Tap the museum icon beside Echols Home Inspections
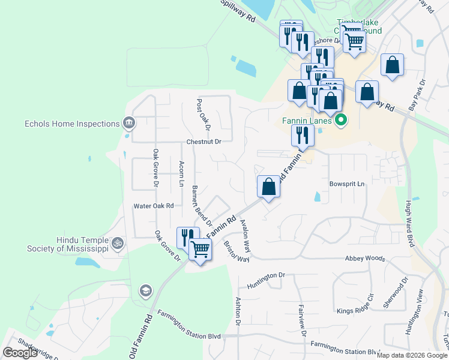click(128, 124)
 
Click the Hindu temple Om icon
click(118, 244)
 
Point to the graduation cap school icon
click(145, 292)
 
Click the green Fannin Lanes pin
click(342, 120)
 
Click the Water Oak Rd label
click(154, 206)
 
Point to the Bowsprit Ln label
click(347, 184)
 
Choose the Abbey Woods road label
click(364, 258)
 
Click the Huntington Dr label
click(265, 275)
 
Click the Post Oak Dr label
click(203, 115)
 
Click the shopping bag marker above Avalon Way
click(268, 187)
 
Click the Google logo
click(20, 353)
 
